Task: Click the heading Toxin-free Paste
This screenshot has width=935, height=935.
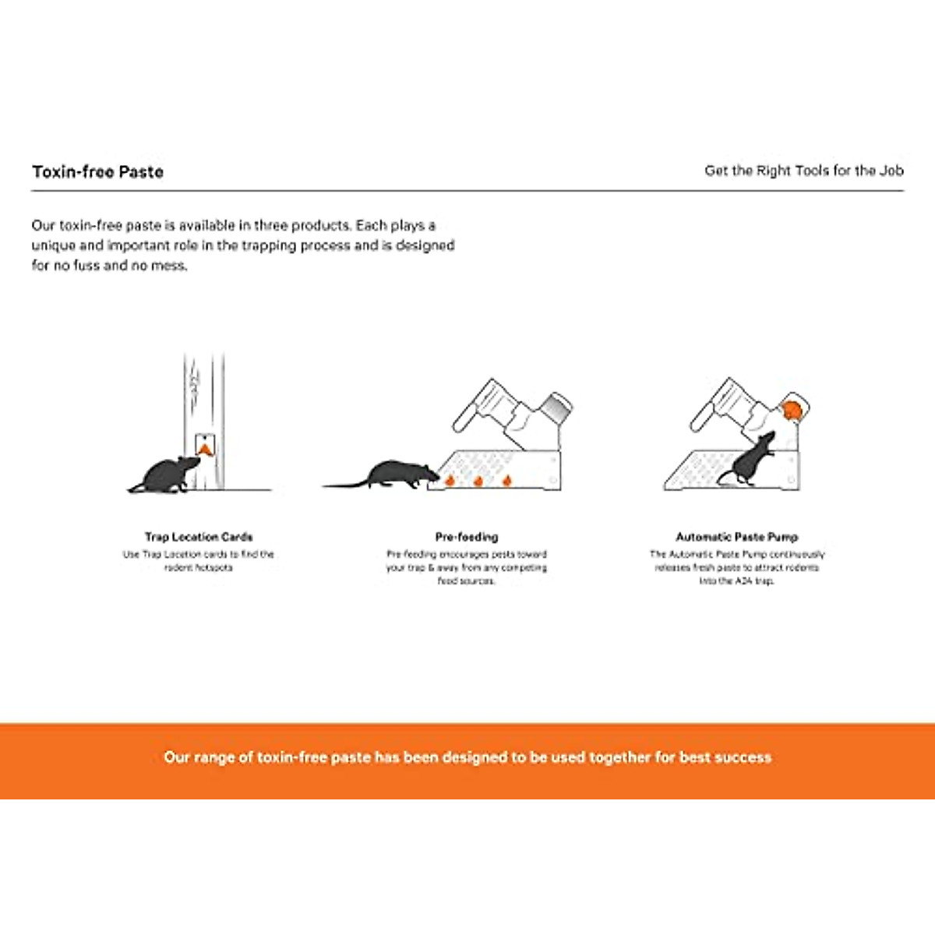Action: (x=97, y=172)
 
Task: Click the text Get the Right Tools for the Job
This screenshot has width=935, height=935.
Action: (x=803, y=171)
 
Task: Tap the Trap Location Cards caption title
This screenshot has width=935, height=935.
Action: (x=199, y=537)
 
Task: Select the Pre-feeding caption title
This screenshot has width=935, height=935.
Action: (x=466, y=537)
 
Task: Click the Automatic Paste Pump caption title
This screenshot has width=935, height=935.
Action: (x=736, y=537)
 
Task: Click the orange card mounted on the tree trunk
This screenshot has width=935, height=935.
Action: (x=204, y=447)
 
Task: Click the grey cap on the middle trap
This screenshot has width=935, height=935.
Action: (x=556, y=407)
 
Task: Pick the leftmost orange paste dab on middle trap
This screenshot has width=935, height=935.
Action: (x=450, y=482)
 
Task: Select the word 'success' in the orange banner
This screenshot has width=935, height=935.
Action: (x=744, y=757)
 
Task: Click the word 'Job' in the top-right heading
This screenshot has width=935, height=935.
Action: (x=891, y=171)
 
